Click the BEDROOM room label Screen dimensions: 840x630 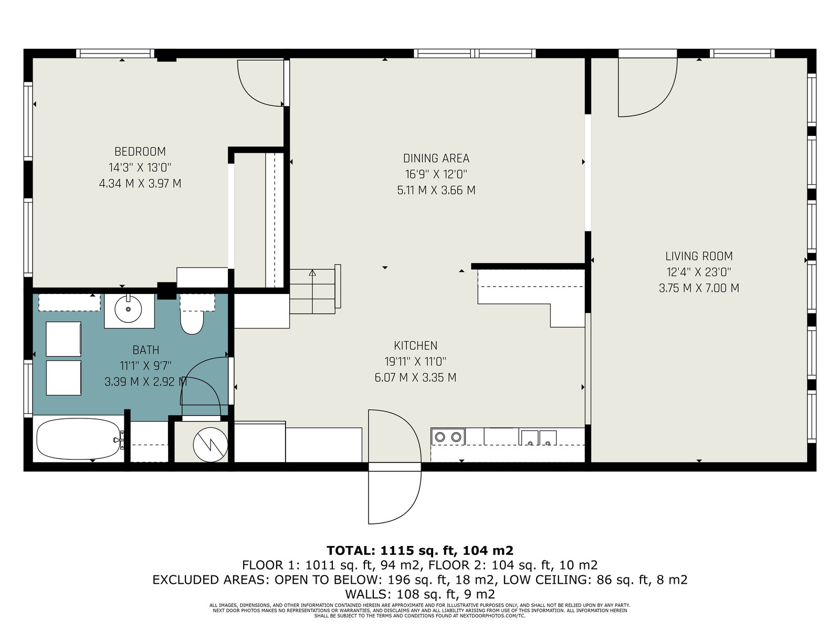[140, 152]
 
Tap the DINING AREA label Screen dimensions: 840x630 [436, 159]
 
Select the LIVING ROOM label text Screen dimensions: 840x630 [699, 256]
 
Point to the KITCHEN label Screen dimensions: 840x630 [416, 346]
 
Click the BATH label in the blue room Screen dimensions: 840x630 [146, 350]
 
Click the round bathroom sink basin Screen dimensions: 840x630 [128, 309]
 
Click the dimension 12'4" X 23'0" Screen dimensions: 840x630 [699, 272]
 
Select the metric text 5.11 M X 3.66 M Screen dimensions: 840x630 [436, 191]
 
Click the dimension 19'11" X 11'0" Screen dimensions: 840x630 [416, 362]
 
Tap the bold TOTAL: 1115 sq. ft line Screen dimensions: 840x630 [420, 550]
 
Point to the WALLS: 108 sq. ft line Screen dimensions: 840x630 [420, 594]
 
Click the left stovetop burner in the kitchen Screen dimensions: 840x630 [440, 437]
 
